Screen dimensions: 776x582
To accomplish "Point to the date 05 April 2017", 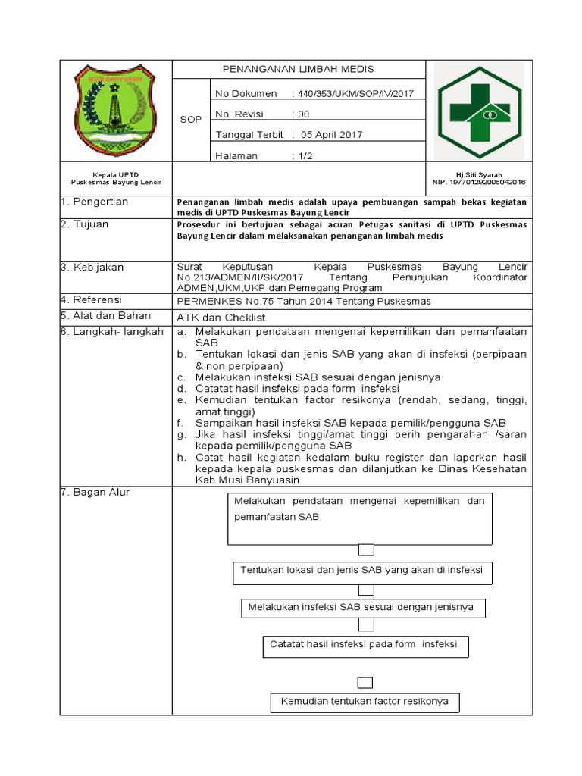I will coord(332,135).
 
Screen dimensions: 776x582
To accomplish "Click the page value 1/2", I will coord(304,156).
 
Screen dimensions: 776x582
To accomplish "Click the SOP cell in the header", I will coord(190,120).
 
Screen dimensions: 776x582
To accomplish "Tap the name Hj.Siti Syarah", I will coord(478,174).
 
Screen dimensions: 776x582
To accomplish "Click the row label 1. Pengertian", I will coord(95,202).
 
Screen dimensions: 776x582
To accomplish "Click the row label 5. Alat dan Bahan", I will coord(106,316).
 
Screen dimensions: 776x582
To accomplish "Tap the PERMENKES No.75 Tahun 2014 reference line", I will coord(303,301).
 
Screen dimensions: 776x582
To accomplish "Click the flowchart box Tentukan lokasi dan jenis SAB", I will coord(362,570).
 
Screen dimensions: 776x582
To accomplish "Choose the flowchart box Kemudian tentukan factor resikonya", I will coord(365,702).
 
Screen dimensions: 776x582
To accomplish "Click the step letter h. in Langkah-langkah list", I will coord(181,458).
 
